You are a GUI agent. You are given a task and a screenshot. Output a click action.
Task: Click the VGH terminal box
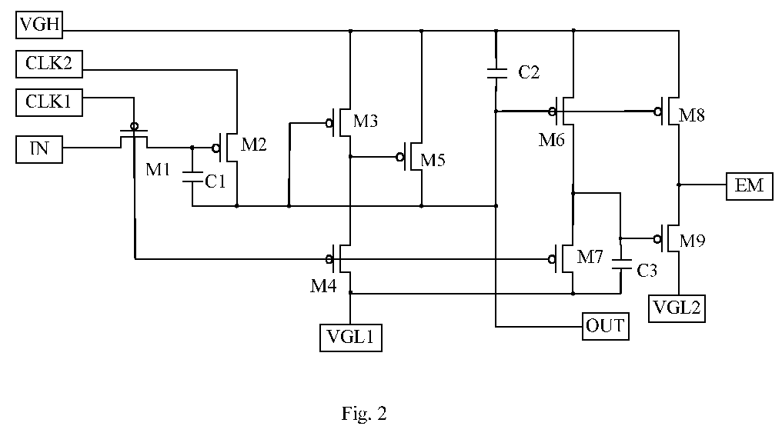tap(39, 25)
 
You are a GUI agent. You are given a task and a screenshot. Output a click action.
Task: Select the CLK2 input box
tap(49, 64)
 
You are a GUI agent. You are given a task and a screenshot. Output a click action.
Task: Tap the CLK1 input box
tap(49, 102)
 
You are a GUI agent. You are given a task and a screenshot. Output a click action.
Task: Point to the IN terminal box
tap(39, 149)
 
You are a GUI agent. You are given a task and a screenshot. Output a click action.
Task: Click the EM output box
tap(749, 186)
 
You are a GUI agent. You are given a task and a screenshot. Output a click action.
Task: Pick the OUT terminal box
tap(606, 326)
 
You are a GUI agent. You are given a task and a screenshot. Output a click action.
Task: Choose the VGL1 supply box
tap(351, 338)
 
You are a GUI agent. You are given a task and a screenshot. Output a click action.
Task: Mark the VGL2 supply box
tap(677, 308)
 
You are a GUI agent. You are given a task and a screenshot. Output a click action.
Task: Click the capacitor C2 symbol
tap(496, 73)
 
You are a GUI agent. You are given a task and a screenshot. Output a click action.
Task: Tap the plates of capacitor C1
tap(192, 177)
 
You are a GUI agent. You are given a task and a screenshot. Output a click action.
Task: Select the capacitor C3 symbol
tap(621, 264)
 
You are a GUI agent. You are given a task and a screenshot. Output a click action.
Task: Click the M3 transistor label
tap(366, 121)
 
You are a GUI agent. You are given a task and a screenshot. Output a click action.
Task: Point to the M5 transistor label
tap(433, 160)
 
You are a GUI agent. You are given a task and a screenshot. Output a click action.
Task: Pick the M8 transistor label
tap(692, 115)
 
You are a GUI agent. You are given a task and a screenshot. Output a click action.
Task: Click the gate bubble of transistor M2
tap(216, 148)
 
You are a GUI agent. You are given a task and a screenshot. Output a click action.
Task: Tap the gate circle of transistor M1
tap(134, 126)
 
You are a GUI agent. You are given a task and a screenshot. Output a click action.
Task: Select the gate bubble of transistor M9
tap(657, 238)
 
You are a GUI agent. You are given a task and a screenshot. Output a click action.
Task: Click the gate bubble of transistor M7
tap(552, 259)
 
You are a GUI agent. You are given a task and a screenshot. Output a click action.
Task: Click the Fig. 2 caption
tap(364, 414)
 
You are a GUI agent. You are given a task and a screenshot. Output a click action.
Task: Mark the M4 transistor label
tap(323, 286)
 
